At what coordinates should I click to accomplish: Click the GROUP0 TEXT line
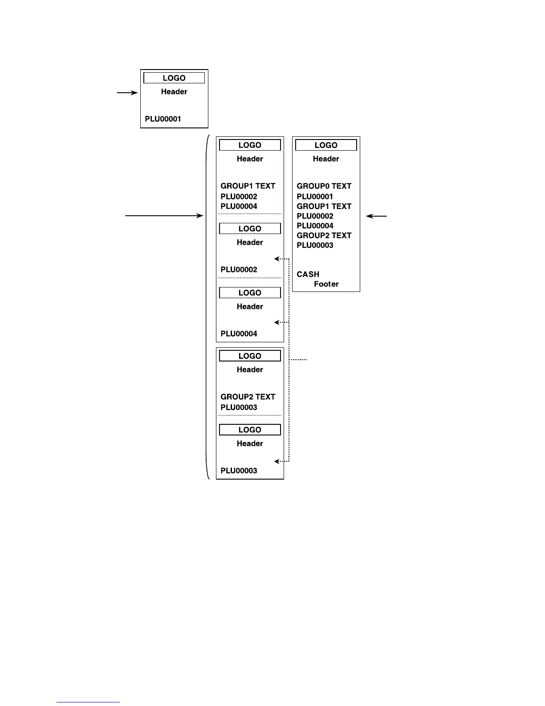324,186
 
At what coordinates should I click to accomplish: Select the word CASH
308,274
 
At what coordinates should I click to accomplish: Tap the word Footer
326,284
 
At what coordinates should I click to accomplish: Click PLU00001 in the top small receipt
163,119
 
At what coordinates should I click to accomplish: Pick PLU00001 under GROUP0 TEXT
315,197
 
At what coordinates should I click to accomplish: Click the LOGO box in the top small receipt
174,78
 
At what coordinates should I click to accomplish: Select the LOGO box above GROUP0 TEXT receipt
326,145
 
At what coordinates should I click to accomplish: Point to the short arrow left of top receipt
127,93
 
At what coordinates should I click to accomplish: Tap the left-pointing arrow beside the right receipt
376,216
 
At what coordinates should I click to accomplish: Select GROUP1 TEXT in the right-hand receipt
324,206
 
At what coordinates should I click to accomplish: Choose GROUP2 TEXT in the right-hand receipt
324,235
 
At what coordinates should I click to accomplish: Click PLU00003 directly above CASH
315,245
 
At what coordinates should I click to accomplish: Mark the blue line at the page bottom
88,702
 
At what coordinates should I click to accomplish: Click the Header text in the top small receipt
174,92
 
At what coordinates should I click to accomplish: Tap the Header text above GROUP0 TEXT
326,159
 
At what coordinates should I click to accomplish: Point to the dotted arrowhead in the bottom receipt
277,461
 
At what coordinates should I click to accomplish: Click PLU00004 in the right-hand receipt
315,226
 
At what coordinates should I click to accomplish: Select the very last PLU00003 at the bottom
239,471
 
